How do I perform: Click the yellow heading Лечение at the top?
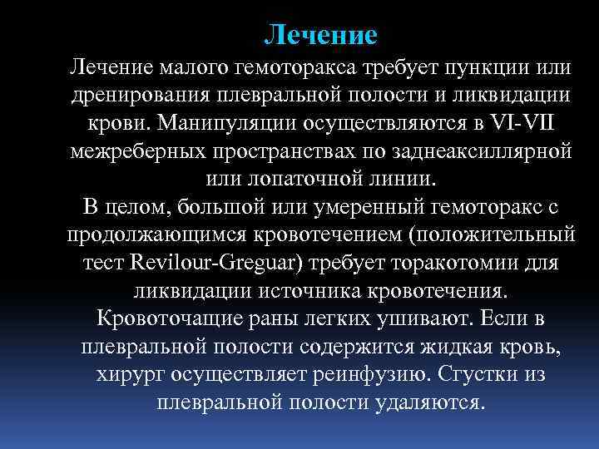(x=320, y=34)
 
